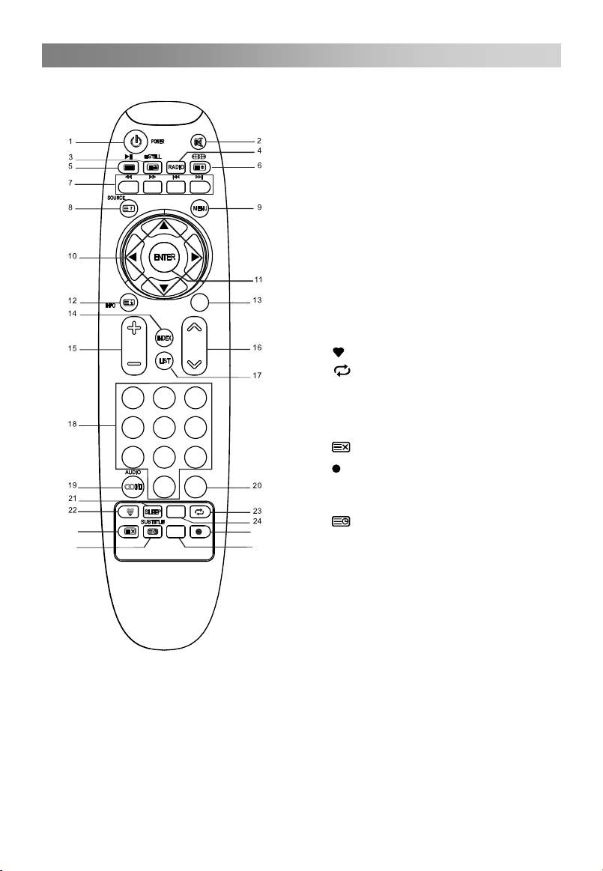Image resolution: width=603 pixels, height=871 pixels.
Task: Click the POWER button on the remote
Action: [x=136, y=141]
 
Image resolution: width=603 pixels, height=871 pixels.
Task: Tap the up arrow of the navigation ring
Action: [x=164, y=225]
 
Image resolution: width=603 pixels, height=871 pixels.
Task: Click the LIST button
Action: [x=165, y=361]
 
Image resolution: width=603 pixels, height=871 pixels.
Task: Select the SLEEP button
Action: [x=153, y=512]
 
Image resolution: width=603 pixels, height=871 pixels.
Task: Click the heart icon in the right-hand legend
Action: [x=339, y=350]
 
